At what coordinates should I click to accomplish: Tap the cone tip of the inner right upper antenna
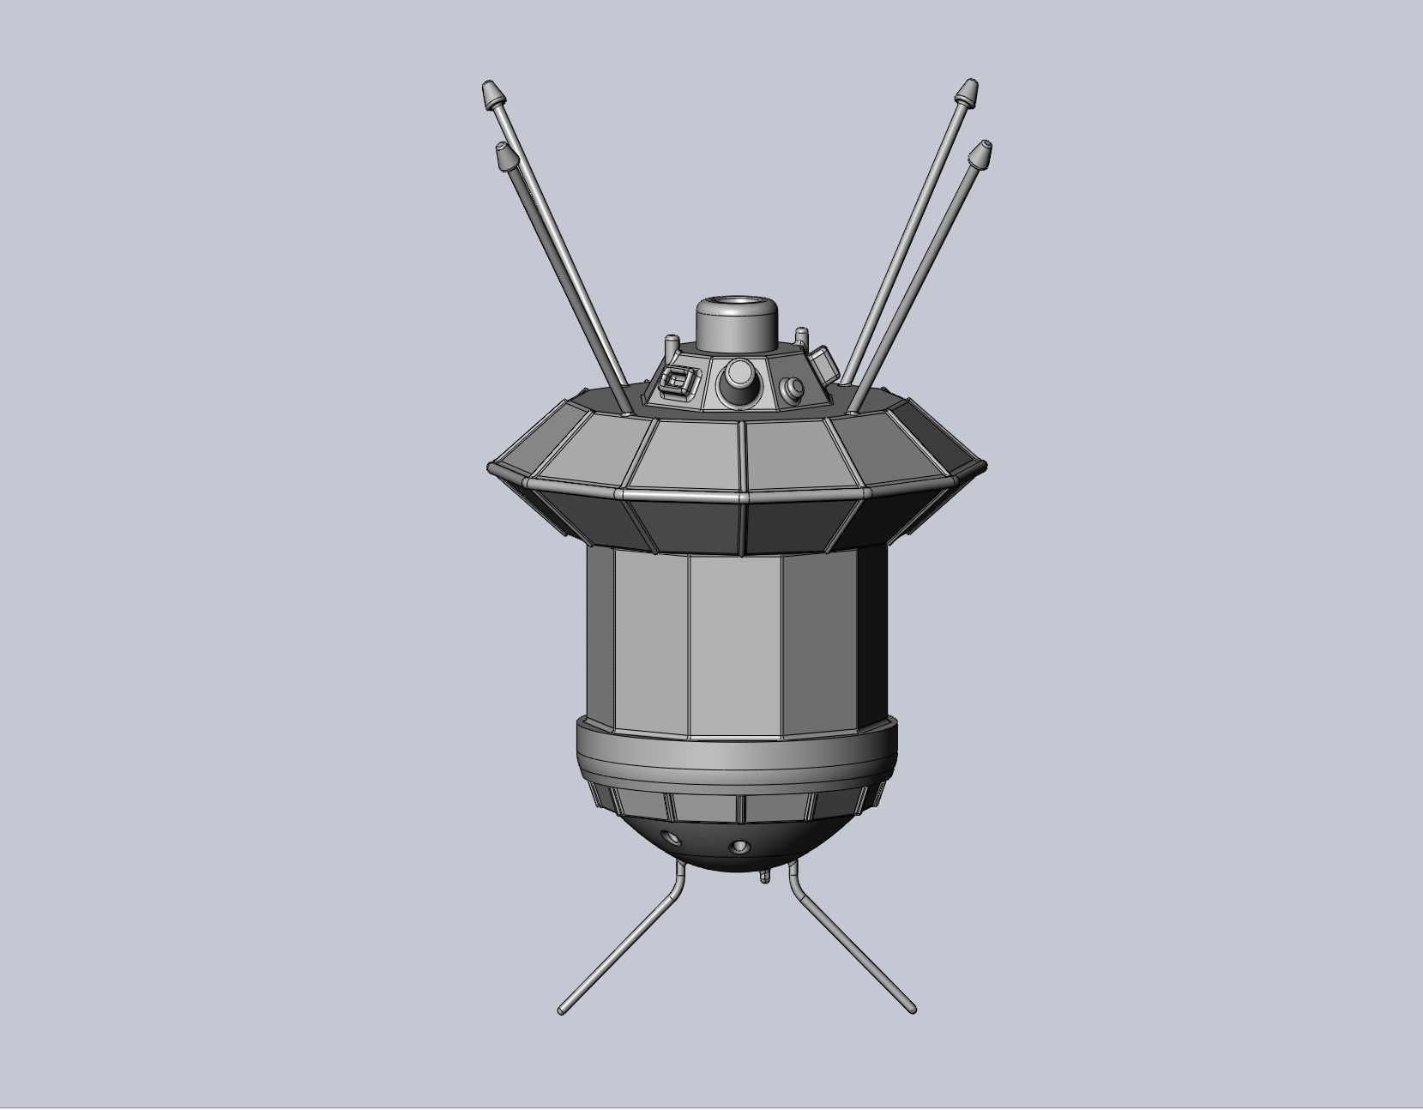(980, 154)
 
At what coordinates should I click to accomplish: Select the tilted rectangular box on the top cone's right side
(824, 362)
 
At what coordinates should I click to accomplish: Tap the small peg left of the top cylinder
(671, 345)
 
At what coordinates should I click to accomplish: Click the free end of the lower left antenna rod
(562, 1011)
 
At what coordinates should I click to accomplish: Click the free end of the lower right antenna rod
(913, 1010)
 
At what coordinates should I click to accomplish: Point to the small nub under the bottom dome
(763, 878)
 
